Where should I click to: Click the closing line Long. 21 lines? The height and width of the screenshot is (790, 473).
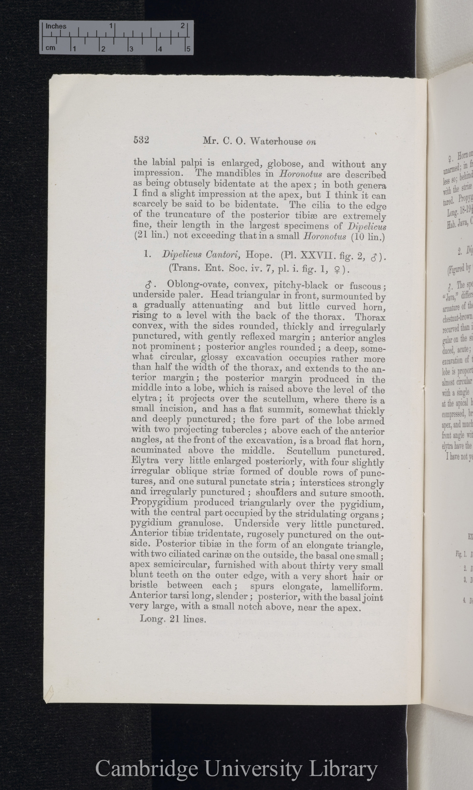pos(173,608)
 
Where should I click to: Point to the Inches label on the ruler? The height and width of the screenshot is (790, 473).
pos(56,27)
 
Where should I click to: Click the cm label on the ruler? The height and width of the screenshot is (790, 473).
pos(50,48)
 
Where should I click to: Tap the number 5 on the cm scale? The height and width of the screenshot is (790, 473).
pos(188,50)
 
